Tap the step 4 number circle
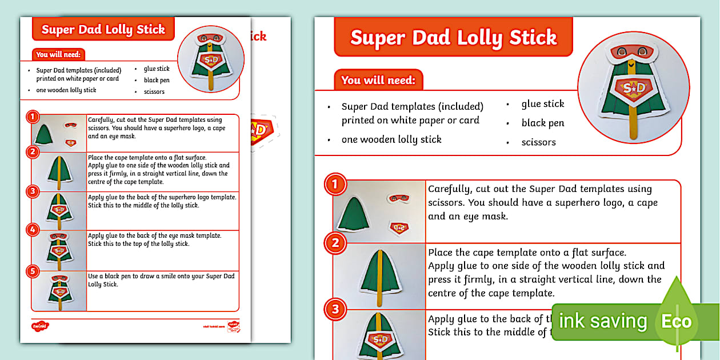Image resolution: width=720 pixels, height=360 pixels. [x=33, y=231]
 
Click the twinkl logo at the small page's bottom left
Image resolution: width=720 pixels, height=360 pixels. [x=40, y=326]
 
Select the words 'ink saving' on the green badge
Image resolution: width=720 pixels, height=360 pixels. [x=602, y=321]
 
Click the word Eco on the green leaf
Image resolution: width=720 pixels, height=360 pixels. [x=676, y=321]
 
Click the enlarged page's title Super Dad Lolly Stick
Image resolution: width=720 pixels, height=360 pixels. [x=453, y=38]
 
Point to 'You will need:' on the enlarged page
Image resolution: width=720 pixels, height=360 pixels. [x=378, y=81]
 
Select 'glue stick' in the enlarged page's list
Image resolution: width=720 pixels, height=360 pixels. [x=542, y=104]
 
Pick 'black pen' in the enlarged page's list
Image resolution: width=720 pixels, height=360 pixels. [x=542, y=123]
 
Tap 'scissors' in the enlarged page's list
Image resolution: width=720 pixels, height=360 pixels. [x=538, y=142]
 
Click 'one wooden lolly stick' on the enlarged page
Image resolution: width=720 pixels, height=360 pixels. [x=391, y=139]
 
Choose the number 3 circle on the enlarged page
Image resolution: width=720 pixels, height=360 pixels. [x=335, y=310]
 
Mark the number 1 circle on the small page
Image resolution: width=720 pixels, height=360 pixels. [x=33, y=117]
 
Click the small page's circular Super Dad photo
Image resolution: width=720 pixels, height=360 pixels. [x=211, y=59]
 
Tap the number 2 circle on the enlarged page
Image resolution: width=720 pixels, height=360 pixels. [x=335, y=243]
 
